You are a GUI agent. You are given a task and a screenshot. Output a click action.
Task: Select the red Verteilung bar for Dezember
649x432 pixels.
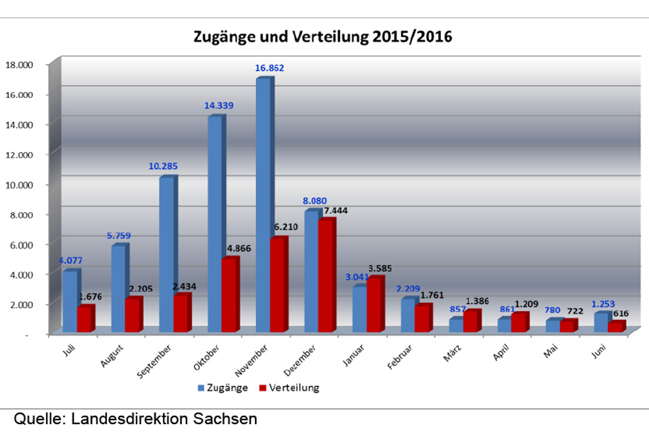(325, 276)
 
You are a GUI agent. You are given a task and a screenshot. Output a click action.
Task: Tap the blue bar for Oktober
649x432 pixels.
(215, 224)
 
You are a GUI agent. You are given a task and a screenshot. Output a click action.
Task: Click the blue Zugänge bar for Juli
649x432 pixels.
(69, 301)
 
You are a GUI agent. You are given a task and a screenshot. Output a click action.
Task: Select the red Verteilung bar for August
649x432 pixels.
(132, 315)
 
